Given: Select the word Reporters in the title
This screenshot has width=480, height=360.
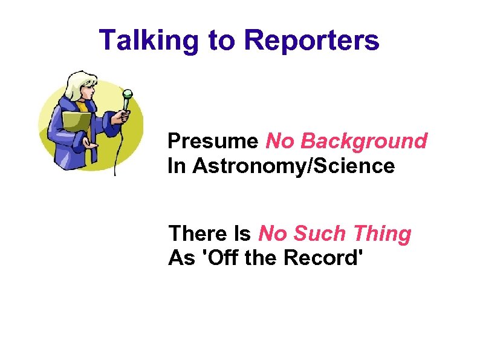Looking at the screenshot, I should (x=311, y=41).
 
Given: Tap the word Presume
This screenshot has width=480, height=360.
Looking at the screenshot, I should (x=213, y=142).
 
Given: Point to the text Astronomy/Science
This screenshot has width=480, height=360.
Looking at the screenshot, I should (x=293, y=166).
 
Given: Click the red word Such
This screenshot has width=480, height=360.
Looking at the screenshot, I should (x=314, y=234).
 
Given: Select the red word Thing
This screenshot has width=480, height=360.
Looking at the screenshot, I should (x=381, y=234).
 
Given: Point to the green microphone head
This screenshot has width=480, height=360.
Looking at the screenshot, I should (x=127, y=94).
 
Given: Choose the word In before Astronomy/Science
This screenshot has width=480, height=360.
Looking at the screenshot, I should (x=177, y=166).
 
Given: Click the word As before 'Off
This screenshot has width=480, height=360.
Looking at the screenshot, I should (x=181, y=258).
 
